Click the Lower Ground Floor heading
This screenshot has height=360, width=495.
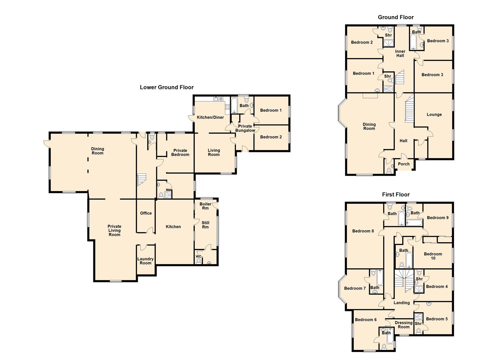pyautogui.click(x=167, y=87)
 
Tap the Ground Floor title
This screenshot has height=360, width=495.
pyautogui.click(x=396, y=17)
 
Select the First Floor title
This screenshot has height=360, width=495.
pyautogui.click(x=396, y=194)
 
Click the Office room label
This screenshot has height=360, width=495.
pyautogui.click(x=146, y=213)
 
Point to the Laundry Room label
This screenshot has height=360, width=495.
pyautogui.click(x=146, y=261)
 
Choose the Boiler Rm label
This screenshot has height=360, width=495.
pyautogui.click(x=205, y=206)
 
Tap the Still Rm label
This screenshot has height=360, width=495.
pyautogui.click(x=205, y=225)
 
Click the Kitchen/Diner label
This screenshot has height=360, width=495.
pyautogui.click(x=210, y=117)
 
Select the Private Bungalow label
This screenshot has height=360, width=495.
pyautogui.click(x=245, y=128)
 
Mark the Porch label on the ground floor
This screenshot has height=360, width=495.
pyautogui.click(x=404, y=164)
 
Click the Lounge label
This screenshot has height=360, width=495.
pyautogui.click(x=434, y=115)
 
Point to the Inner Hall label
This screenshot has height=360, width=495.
pyautogui.click(x=400, y=53)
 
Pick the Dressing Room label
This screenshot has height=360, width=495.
pyautogui.click(x=403, y=325)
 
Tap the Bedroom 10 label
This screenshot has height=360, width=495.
pyautogui.click(x=433, y=256)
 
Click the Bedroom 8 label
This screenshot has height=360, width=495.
pyautogui.click(x=363, y=231)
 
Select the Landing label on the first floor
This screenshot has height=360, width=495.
pyautogui.click(x=401, y=303)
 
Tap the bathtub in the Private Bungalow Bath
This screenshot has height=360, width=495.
pyautogui.click(x=234, y=105)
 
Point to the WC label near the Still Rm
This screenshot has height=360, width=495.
pyautogui.click(x=198, y=256)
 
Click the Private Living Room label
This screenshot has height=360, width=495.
pyautogui.click(x=114, y=231)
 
